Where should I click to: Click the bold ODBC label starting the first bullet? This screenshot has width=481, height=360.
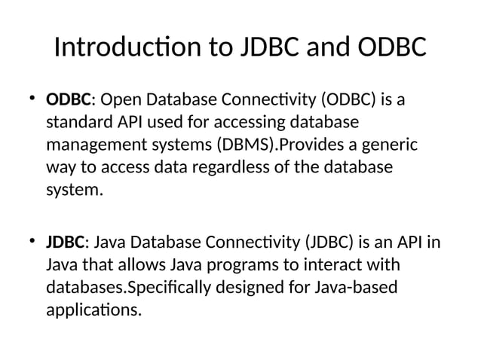click(x=69, y=100)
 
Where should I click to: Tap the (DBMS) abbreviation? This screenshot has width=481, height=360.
click(x=244, y=145)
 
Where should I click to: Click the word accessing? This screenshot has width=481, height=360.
click(x=246, y=122)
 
